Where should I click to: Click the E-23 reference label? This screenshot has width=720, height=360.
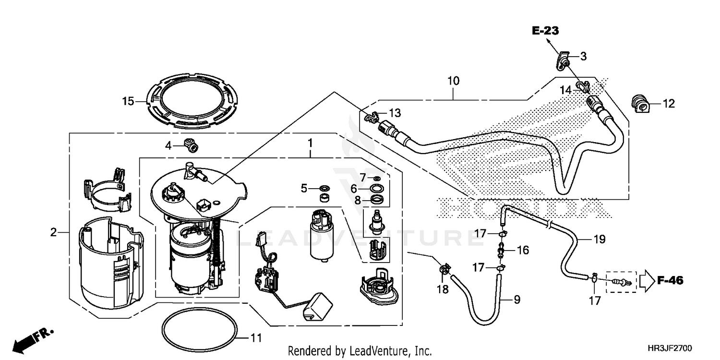(x=546, y=31)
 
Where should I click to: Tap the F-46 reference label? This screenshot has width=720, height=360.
(x=670, y=280)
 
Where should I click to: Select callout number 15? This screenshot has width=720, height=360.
(x=127, y=101)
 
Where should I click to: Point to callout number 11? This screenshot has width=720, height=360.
(x=256, y=338)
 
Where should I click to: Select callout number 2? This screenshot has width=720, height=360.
(x=53, y=232)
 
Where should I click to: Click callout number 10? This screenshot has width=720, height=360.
(x=454, y=81)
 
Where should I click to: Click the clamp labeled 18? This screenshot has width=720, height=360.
(x=444, y=271)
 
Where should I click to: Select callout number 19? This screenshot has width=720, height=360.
(x=600, y=239)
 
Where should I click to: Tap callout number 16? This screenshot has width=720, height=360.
(x=523, y=250)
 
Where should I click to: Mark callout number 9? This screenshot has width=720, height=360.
(x=516, y=300)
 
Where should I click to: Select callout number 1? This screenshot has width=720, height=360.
(x=310, y=143)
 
